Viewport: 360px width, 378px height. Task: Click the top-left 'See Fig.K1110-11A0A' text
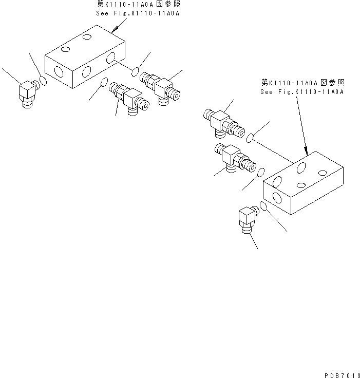138,14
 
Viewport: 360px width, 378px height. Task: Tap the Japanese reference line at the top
138,4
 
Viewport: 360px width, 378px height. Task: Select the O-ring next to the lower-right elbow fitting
263,206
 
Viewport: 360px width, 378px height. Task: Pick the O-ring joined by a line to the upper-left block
136,70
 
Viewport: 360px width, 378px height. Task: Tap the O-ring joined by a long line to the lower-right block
250,138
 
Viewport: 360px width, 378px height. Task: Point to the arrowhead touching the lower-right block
306,153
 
